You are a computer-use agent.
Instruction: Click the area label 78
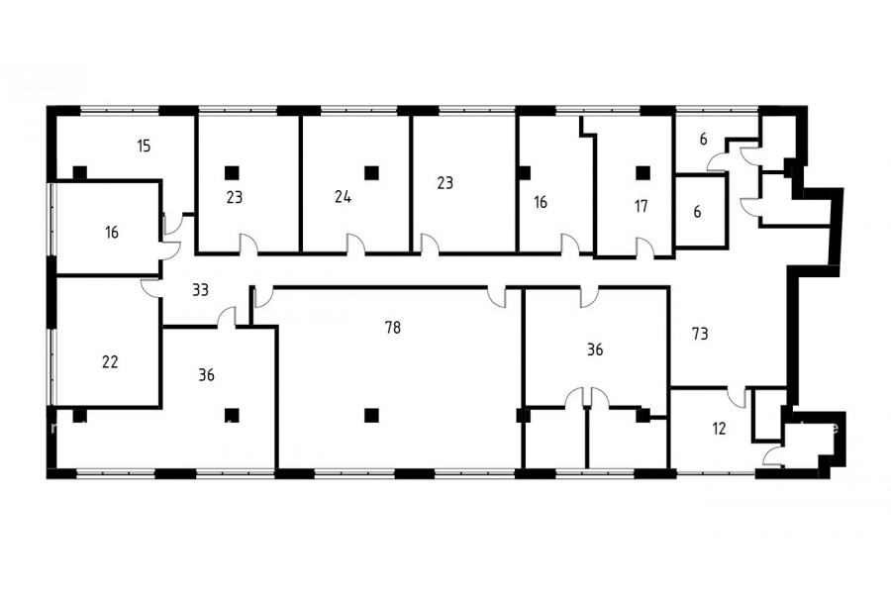tap(393, 328)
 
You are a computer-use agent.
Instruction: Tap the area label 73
tap(700, 334)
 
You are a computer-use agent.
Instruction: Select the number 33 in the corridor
tap(200, 290)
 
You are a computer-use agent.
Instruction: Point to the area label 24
tap(343, 197)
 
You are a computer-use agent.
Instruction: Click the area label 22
tap(110, 361)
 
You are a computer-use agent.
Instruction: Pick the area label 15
tap(144, 146)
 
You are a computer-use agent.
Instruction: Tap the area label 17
tap(641, 206)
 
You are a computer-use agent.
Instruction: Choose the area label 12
tap(719, 428)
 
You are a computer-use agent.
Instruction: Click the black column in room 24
tap(371, 172)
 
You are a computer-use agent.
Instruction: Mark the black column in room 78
tap(371, 416)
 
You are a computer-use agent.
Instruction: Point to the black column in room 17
tap(643, 172)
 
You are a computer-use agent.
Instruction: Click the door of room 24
tap(355, 244)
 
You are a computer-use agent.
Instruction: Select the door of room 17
tap(644, 248)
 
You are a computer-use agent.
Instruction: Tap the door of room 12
tap(737, 397)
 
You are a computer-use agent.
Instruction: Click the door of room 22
tap(151, 288)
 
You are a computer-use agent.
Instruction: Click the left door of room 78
tap(263, 297)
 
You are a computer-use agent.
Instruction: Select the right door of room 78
tap(497, 297)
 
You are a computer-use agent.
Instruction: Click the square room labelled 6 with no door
tap(701, 211)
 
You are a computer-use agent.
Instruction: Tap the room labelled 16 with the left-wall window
tap(108, 229)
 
